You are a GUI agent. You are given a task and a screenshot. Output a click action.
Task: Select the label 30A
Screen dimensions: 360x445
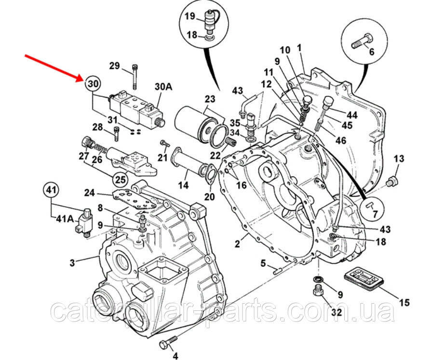click(x=163, y=86)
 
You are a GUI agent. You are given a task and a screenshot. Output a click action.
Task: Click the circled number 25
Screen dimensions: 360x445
click(x=121, y=180)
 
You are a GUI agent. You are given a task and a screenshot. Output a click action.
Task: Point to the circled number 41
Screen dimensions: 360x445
click(x=51, y=190)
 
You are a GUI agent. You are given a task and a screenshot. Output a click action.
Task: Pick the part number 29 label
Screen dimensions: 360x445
click(x=114, y=66)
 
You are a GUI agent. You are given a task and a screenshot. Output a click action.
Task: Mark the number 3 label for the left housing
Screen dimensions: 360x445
click(x=72, y=263)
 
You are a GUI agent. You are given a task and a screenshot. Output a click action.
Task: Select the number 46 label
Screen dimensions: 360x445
click(x=340, y=141)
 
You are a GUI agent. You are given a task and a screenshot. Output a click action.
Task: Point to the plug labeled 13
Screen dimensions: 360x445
click(x=392, y=181)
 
